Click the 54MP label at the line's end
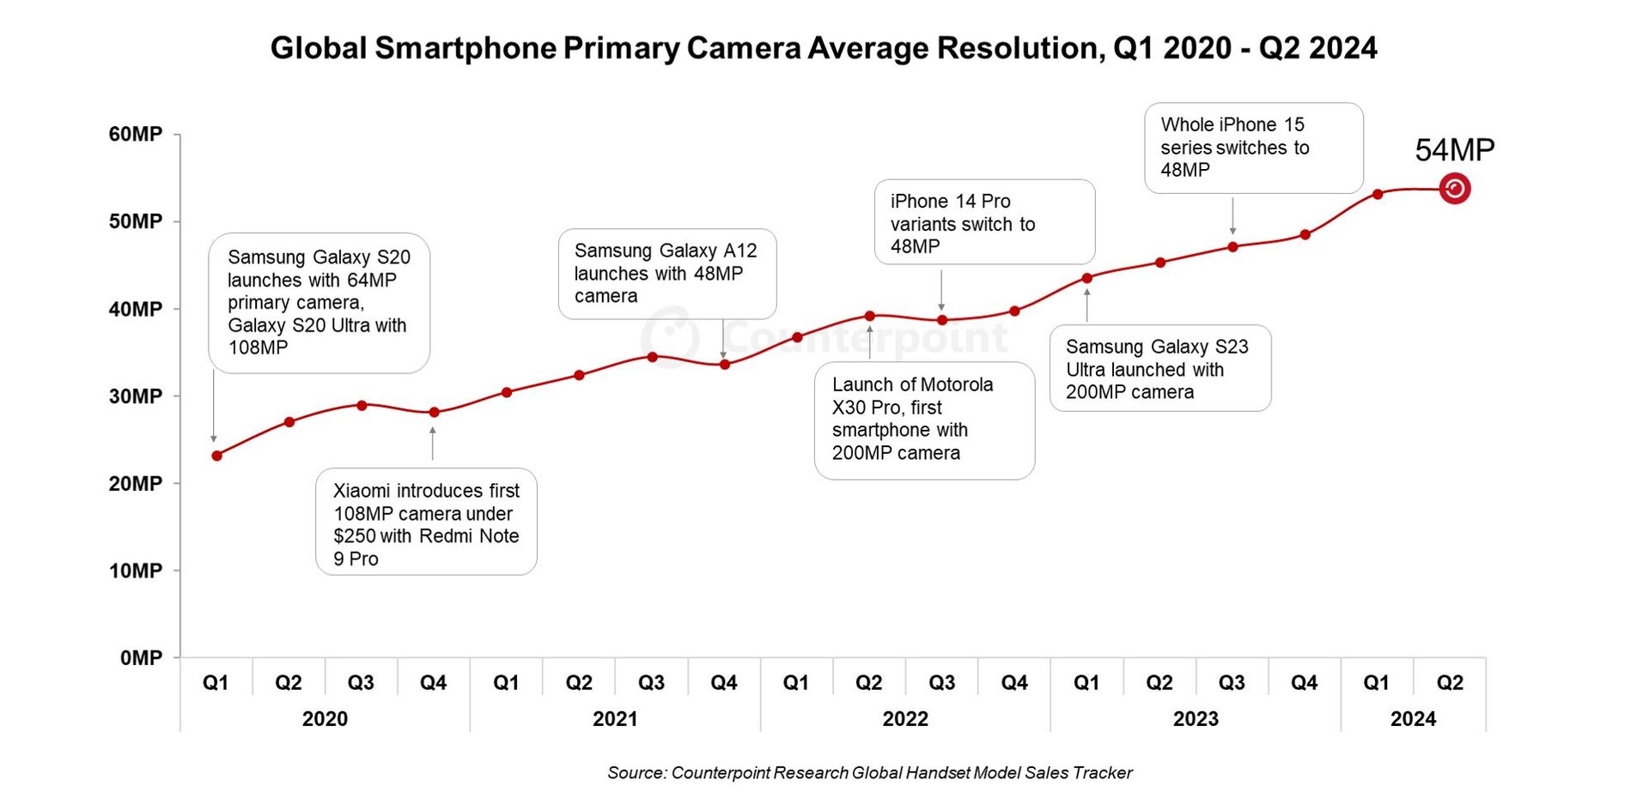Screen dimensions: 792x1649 [1454, 150]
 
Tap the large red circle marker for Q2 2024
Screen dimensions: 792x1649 [1454, 189]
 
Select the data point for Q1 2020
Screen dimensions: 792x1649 [217, 456]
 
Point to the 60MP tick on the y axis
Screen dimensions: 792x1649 [135, 134]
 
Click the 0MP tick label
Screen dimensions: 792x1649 [141, 658]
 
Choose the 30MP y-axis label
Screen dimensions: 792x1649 [135, 396]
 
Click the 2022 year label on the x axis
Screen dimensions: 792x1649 [905, 719]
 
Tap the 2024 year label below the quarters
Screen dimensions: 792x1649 [1413, 719]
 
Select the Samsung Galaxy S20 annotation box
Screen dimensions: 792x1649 [319, 303]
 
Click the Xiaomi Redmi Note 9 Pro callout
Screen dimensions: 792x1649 [426, 522]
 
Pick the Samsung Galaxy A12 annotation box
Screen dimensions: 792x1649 [666, 274]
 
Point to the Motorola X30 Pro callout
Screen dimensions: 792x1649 [924, 420]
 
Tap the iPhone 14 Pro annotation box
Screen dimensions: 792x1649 [984, 222]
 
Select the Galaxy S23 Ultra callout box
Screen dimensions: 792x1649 [1159, 368]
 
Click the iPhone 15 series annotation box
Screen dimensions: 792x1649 [1253, 148]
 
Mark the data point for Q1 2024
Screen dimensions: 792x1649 [1378, 194]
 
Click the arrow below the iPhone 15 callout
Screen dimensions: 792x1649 [1232, 215]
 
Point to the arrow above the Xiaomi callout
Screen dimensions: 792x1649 [433, 443]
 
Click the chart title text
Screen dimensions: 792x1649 [823, 48]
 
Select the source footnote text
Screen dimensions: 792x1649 [869, 772]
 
